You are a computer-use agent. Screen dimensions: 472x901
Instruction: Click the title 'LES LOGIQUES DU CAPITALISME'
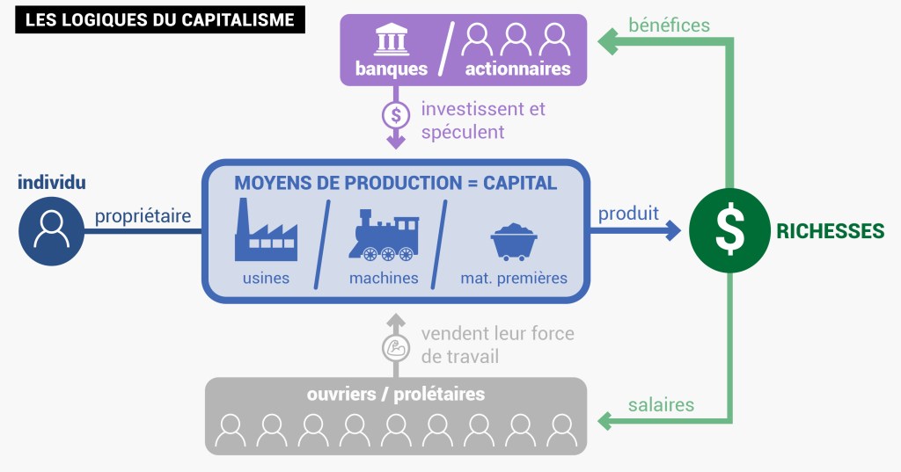[159, 19]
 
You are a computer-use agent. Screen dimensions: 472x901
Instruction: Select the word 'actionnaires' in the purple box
[517, 69]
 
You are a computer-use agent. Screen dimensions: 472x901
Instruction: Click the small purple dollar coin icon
[396, 114]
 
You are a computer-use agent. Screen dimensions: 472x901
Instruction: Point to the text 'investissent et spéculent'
[482, 120]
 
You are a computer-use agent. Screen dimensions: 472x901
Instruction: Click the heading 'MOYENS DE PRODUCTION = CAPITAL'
[395, 183]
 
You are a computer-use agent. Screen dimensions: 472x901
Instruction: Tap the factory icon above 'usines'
[266, 230]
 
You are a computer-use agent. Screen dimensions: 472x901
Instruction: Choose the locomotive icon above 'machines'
[382, 235]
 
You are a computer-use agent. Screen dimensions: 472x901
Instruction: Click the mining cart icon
[514, 241]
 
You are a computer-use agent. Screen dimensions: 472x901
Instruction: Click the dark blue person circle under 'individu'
[52, 230]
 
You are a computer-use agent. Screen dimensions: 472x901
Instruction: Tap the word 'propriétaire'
[143, 216]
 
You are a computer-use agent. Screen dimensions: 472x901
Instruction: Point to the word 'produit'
[628, 214]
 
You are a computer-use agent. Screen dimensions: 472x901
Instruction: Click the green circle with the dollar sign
[729, 230]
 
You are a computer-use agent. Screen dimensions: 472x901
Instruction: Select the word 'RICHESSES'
[830, 231]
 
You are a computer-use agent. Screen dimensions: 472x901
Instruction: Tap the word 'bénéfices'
[669, 25]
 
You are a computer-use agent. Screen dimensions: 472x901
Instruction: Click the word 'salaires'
[661, 405]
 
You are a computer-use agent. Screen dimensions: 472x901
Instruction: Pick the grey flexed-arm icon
[396, 347]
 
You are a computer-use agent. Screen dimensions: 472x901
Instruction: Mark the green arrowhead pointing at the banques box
[606, 40]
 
